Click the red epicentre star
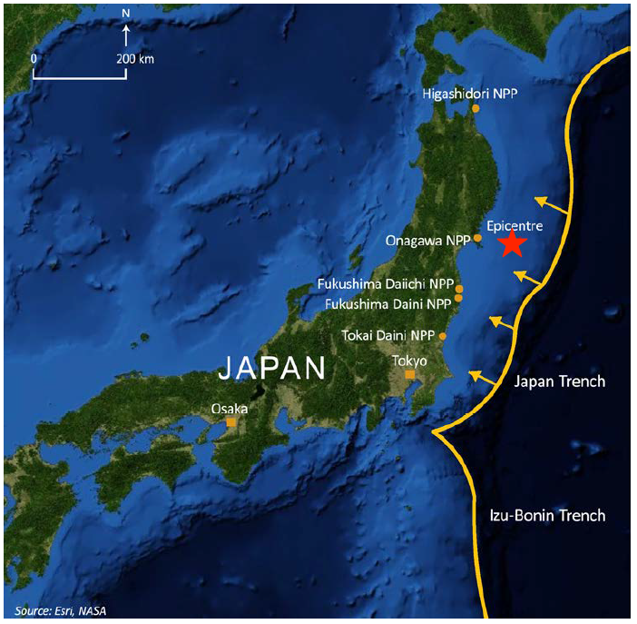[513, 243]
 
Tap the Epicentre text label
[513, 223]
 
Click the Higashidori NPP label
[469, 93]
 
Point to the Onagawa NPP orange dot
[477, 238]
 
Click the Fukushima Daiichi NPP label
[386, 285]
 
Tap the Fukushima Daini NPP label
[388, 302]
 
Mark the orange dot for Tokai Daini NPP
[442, 336]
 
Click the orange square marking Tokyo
[410, 375]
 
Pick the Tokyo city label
[409, 361]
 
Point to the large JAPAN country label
[272, 368]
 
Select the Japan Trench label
[559, 381]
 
